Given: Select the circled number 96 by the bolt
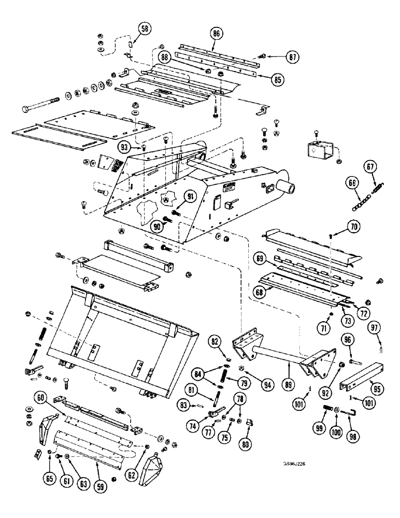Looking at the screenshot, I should coord(347,340).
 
